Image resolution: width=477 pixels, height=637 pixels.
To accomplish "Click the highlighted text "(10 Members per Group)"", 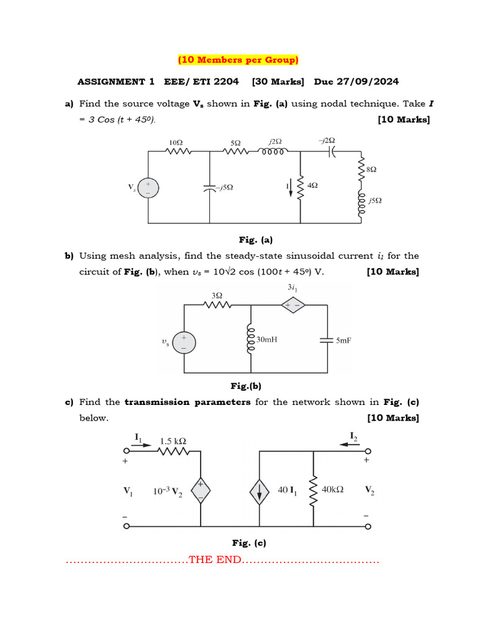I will coord(238,60).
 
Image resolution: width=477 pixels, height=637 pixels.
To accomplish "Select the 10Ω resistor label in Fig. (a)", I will coord(176,142).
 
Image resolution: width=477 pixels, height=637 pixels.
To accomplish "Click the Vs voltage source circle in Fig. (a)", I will coord(148,187).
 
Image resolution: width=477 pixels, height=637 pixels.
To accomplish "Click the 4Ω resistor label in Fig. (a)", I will coord(313,185).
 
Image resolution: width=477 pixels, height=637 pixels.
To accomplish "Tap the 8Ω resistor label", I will coord(372,169).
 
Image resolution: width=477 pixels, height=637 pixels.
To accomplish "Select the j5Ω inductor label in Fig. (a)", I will coord(375,200).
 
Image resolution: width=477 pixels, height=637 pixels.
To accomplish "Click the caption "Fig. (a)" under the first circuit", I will coord(256,239).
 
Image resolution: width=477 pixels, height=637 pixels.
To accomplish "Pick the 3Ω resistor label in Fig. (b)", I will coord(217,295).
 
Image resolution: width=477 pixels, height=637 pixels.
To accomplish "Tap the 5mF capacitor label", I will coord(343,340).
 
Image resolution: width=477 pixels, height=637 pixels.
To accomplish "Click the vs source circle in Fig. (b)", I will coord(183,343).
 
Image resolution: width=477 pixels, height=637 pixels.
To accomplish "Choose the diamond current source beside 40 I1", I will coord(259,492).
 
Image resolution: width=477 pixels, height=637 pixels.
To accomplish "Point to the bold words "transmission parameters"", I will coord(188,402).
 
